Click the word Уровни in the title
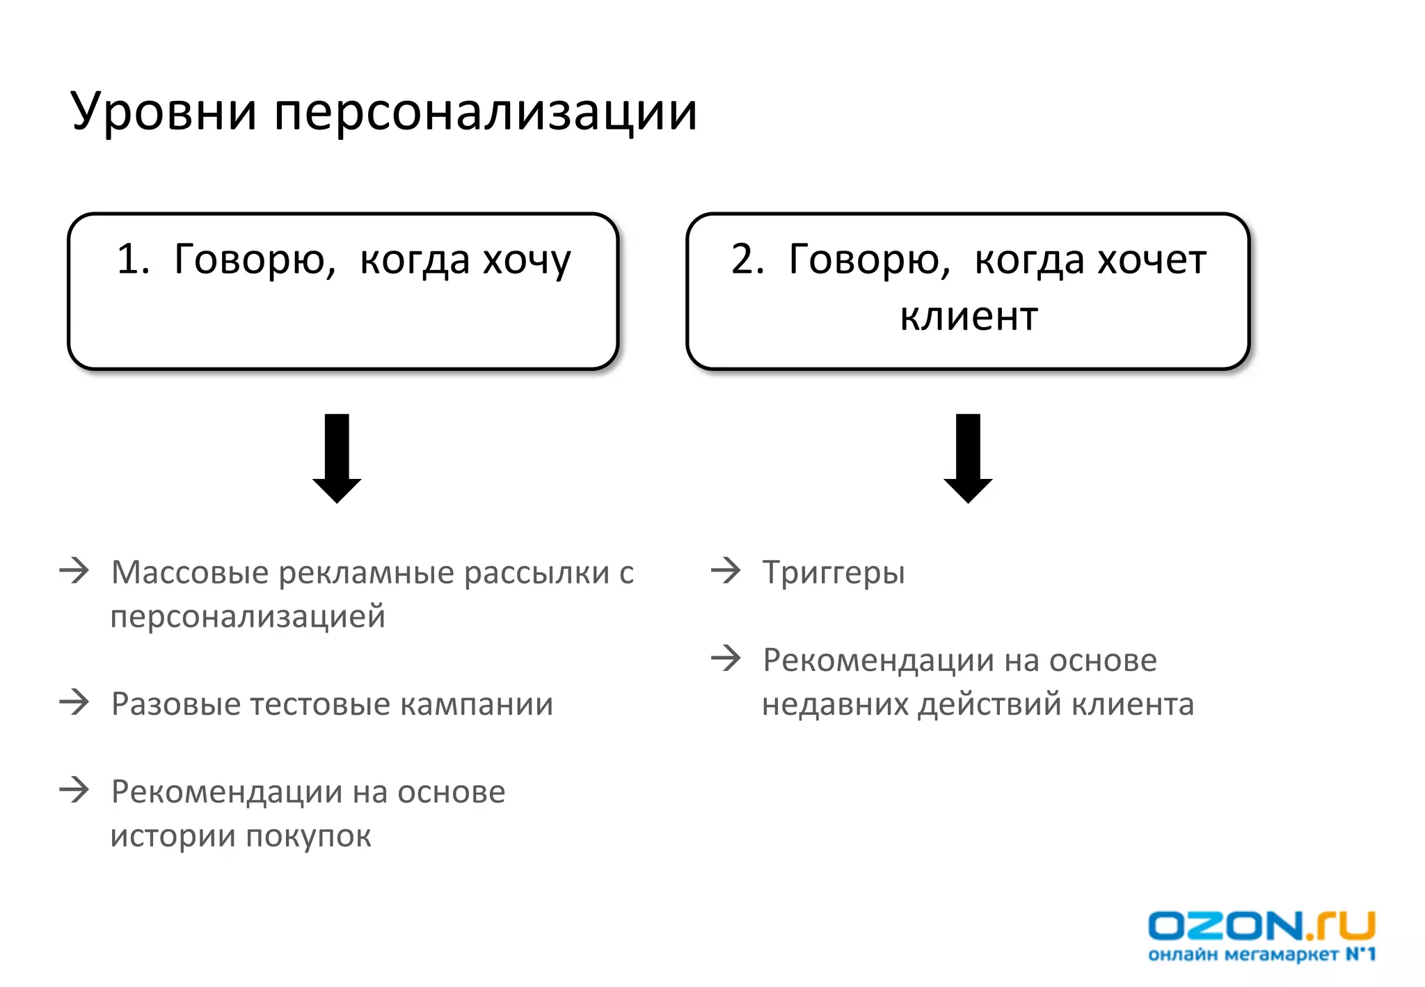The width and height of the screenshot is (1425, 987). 163,111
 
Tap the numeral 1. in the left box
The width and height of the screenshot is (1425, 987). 133,259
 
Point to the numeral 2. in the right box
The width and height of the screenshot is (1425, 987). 748,259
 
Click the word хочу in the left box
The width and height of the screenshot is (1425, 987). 527,261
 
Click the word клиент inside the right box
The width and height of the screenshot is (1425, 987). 969,317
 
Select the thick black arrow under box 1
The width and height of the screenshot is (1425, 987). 337,458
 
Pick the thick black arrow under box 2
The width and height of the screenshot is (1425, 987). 968,458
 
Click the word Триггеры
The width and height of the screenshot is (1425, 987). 834,572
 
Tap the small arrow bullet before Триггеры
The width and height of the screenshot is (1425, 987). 726,571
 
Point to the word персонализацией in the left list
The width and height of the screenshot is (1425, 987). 248,617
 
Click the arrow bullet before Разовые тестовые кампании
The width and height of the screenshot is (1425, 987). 74,702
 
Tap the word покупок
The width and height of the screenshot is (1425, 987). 308,836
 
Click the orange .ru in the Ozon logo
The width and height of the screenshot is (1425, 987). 1341,926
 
